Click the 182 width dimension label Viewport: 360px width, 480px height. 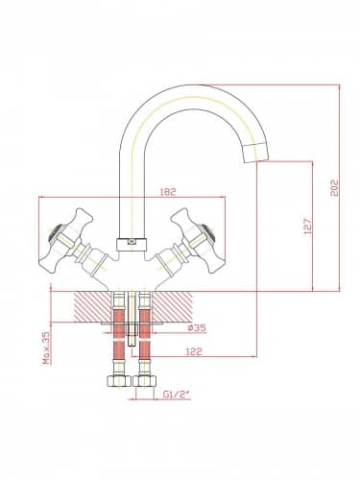pyautogui.click(x=168, y=192)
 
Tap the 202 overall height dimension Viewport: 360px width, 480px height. pyautogui.click(x=334, y=188)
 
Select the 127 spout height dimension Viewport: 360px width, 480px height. pyautogui.click(x=307, y=227)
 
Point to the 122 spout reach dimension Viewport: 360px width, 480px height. pyautogui.click(x=194, y=351)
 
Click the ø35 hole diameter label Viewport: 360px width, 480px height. pyautogui.click(x=197, y=327)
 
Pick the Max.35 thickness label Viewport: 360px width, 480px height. pyautogui.click(x=47, y=348)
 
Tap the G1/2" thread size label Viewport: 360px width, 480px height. pyautogui.click(x=177, y=395)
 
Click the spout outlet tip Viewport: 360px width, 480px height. pyautogui.click(x=255, y=154)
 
